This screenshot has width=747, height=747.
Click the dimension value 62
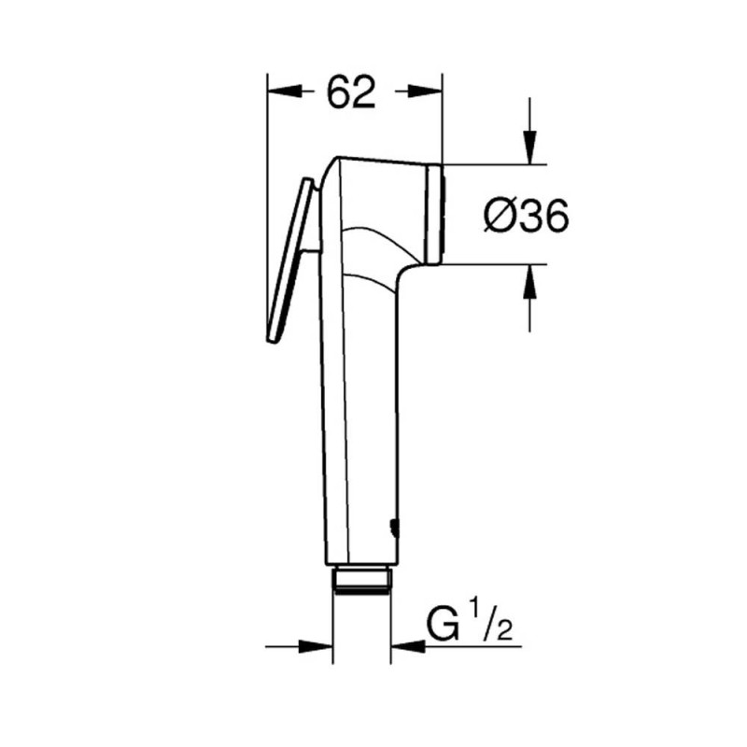pos(351,92)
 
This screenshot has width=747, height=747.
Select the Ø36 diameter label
pos(527,217)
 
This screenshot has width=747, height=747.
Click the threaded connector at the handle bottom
pos(362,580)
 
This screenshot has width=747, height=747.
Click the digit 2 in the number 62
pos(365,92)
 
